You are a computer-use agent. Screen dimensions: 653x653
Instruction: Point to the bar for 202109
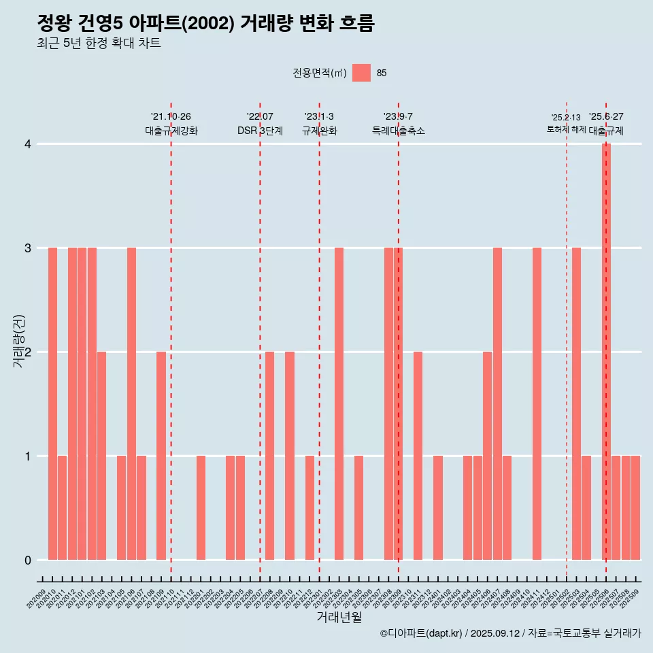161,456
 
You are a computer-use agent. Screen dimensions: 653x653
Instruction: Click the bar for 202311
418,456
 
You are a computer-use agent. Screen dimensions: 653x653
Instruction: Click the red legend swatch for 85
361,73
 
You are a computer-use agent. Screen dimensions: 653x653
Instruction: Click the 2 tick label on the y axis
28,352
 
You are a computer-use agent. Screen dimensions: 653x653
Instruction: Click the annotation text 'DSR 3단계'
260,131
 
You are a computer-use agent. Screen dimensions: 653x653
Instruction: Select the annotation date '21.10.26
171,116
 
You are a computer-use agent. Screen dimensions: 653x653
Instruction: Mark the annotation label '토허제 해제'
566,129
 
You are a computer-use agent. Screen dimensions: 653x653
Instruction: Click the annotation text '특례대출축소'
399,131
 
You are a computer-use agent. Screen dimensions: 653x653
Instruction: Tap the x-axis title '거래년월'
339,618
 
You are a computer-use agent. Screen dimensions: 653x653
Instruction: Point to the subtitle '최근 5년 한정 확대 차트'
99,44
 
